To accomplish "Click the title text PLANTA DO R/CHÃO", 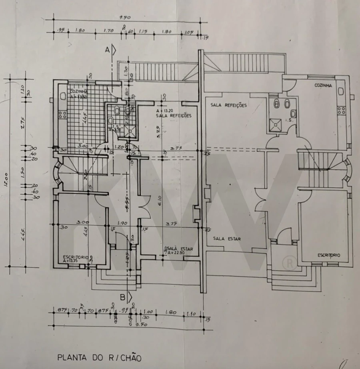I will click(x=99, y=357).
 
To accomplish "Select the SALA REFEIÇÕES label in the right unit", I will click(x=229, y=105).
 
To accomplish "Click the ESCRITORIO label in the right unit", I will click(x=329, y=255).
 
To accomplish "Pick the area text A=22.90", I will click(x=181, y=253).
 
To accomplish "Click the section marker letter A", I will click(x=107, y=50).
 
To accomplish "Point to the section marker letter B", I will click(x=124, y=297).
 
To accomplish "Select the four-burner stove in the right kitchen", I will click(x=341, y=110).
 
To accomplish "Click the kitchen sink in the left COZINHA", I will click(x=63, y=96).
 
